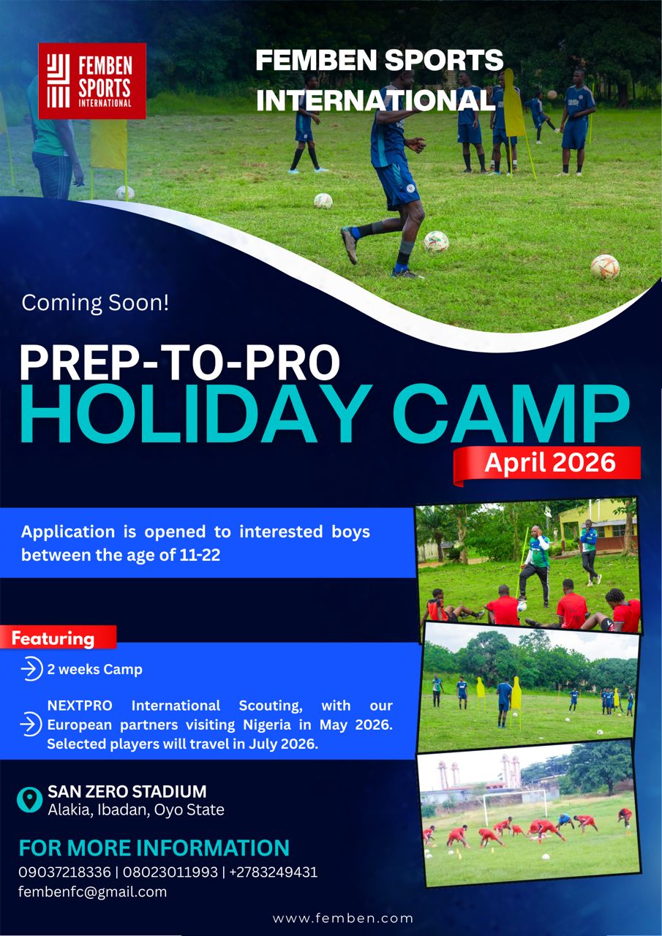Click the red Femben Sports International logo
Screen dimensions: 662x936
[x=92, y=81]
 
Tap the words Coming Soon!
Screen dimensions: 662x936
[x=95, y=303]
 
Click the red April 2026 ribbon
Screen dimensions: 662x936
[x=547, y=464]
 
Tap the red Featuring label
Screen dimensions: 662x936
[x=58, y=638]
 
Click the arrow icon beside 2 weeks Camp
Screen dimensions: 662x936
[x=31, y=669]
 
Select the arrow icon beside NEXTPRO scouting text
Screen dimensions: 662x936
[x=31, y=725]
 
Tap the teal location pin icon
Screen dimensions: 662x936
[x=29, y=800]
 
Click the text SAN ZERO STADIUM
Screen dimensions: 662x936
[x=127, y=791]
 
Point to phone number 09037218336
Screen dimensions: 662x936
[x=65, y=872]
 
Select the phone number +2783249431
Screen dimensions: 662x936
[x=274, y=872]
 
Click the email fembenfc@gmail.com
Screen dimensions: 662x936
[x=92, y=892]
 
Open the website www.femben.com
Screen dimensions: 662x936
[x=342, y=918]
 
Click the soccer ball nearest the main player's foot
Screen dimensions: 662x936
[x=436, y=242]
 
